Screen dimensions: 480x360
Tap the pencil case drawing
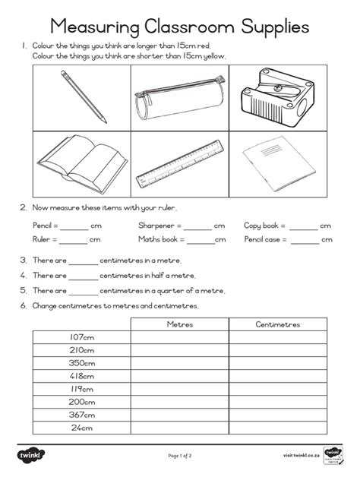click(x=178, y=99)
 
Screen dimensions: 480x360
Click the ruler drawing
click(x=179, y=162)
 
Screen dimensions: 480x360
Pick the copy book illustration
click(x=271, y=162)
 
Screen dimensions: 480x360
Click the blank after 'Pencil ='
click(x=75, y=226)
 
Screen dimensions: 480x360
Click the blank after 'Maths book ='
click(x=201, y=240)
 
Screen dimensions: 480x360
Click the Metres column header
click(x=180, y=324)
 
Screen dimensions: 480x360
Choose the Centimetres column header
click(x=277, y=324)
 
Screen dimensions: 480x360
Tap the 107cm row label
click(x=81, y=336)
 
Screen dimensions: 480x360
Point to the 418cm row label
click(x=81, y=375)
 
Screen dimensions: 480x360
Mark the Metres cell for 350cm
click(x=180, y=362)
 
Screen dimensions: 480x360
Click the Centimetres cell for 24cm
click(x=277, y=428)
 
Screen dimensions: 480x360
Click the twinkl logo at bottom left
click(x=33, y=454)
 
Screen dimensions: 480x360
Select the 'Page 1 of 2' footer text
click(x=180, y=455)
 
